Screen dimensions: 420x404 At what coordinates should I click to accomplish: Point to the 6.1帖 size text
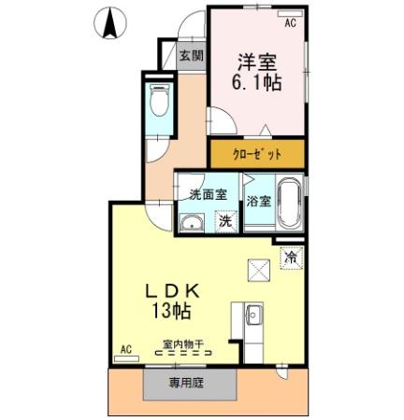pyautogui.click(x=257, y=83)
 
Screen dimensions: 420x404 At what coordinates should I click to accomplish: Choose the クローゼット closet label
pyautogui.click(x=257, y=152)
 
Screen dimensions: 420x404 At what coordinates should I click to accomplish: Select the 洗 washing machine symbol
pyautogui.click(x=225, y=222)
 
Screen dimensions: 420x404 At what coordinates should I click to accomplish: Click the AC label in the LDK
pyautogui.click(x=126, y=349)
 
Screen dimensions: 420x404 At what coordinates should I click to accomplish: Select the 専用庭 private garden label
pyautogui.click(x=185, y=382)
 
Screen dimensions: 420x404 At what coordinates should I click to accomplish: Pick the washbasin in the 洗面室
pyautogui.click(x=193, y=222)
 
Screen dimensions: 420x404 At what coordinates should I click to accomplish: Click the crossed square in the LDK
pyautogui.click(x=259, y=270)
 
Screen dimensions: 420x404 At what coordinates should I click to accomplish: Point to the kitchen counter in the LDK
pyautogui.click(x=253, y=323)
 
